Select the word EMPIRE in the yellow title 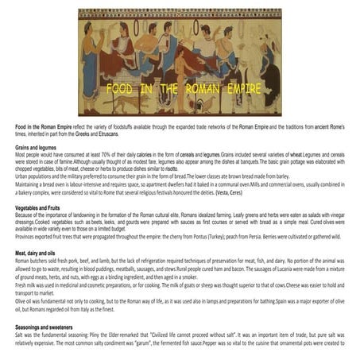[x=240, y=89]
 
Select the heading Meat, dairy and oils [x=41, y=251]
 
